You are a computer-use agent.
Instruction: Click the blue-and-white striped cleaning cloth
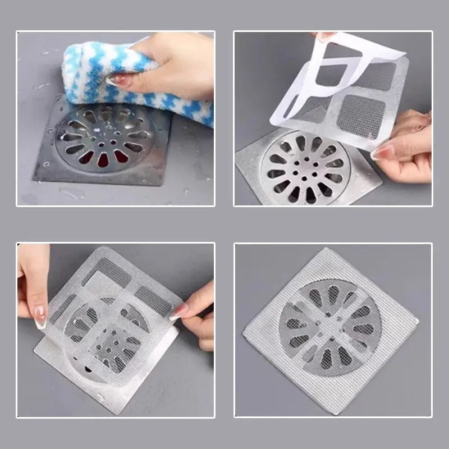(x=140, y=79)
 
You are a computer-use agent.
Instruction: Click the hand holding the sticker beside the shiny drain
(x=407, y=149)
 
